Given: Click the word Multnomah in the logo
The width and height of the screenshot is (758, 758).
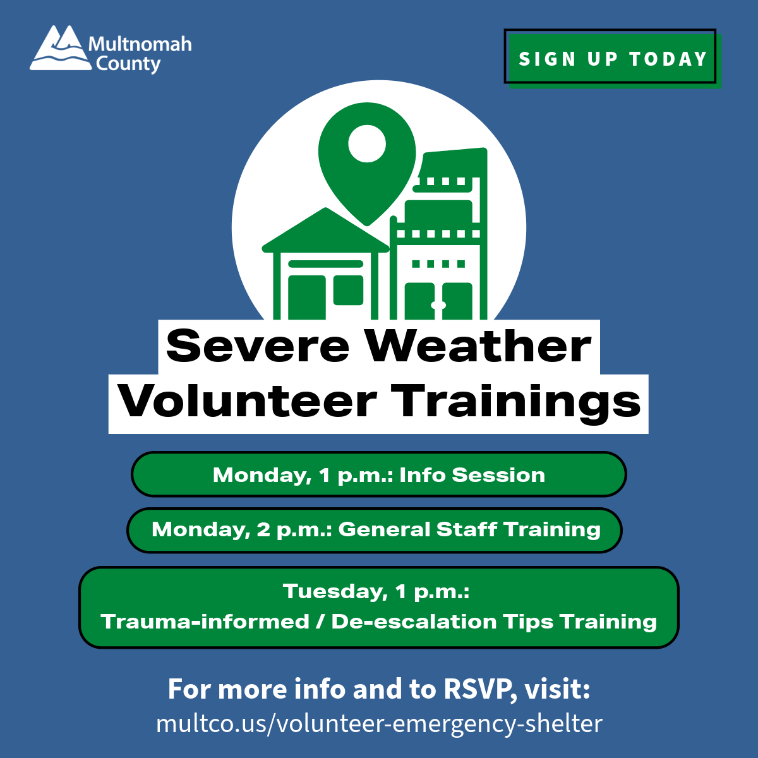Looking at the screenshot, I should [140, 44].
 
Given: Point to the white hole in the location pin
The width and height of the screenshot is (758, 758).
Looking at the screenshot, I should [366, 143].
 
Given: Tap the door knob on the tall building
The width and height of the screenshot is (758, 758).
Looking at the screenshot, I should [438, 306].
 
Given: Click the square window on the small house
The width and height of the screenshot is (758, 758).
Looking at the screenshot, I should [348, 290].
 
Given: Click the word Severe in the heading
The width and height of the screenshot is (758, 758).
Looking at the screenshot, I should [257, 346].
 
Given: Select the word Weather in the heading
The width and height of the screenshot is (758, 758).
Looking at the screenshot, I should [478, 346].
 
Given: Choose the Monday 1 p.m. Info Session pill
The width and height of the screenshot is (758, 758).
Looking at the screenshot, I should [378, 474].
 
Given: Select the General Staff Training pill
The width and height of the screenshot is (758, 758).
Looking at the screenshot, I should [375, 529].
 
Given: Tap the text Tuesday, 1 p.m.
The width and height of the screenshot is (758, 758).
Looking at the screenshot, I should [376, 591].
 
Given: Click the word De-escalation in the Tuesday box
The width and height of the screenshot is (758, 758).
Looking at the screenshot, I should [414, 622].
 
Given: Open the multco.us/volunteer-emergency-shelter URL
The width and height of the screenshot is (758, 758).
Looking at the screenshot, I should [379, 723].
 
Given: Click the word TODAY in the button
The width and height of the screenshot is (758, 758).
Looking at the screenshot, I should [668, 59].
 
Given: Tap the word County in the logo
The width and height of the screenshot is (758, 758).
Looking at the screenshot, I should [128, 64].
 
